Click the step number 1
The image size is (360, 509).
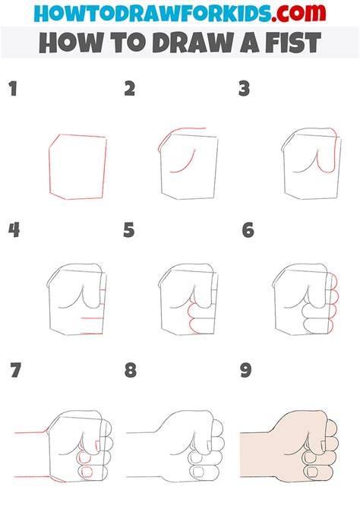pyautogui.click(x=13, y=89)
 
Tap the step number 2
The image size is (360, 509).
pyautogui.click(x=130, y=89)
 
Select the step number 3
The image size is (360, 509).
pyautogui.click(x=244, y=89)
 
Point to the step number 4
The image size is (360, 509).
pyautogui.click(x=14, y=230)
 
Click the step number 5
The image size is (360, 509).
pyautogui.click(x=129, y=230)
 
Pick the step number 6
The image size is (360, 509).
pyautogui.click(x=248, y=230)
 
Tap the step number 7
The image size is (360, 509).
pyautogui.click(x=15, y=370)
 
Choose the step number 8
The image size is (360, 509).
pyautogui.click(x=131, y=370)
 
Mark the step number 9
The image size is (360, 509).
pyautogui.click(x=246, y=370)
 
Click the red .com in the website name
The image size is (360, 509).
pyautogui.click(x=298, y=13)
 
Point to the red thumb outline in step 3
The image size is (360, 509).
pyautogui.click(x=328, y=151)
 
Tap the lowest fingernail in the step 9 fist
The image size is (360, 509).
pyautogui.click(x=313, y=472)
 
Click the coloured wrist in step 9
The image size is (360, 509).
pyautogui.click(x=257, y=454)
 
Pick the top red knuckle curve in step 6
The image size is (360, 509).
pyautogui.click(x=334, y=281)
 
